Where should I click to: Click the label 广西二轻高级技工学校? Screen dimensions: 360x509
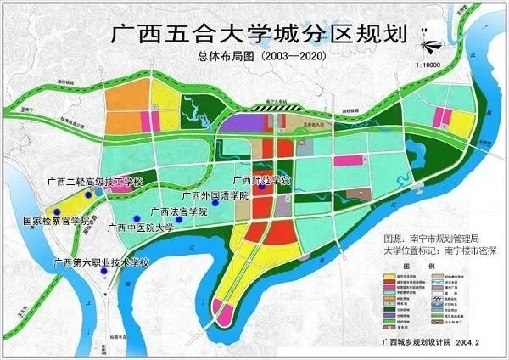pos(97,183)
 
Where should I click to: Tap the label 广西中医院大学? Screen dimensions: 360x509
pos(141,228)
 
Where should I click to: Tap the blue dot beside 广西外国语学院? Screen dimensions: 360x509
pos(216,204)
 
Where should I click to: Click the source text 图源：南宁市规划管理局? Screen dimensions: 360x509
pos(432,239)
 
